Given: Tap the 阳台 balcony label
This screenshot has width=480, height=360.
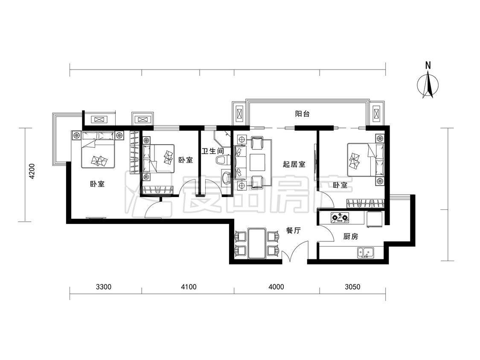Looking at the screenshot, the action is coord(302,114).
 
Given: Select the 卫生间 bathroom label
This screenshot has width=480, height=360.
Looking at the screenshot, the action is coord(212,151).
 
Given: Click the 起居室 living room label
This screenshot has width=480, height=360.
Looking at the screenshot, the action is coord(294,164).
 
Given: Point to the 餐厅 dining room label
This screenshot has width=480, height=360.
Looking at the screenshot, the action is coord(293,230).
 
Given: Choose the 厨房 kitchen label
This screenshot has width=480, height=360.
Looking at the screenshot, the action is coord(351,236).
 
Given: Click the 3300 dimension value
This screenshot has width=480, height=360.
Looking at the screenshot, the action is coord(104,287).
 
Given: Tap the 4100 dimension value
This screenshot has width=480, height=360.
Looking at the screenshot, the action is coord(189,287).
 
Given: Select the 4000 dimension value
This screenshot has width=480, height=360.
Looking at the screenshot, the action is coord(276,287).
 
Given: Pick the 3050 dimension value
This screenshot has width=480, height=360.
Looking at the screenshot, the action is coord(352,287).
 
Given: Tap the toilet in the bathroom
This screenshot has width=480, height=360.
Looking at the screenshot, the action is coord(222,160).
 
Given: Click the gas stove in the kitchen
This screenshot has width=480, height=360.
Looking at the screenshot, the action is coord(340,218).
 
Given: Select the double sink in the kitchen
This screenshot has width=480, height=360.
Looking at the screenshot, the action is coord(366,253).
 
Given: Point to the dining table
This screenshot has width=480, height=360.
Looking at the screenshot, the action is coord(256,244).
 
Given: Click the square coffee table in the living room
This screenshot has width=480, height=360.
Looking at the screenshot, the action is coord(257,162).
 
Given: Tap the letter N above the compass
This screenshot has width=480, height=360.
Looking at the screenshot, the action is coord(428,65).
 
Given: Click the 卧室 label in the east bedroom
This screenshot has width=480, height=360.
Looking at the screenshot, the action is coord(340,185).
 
